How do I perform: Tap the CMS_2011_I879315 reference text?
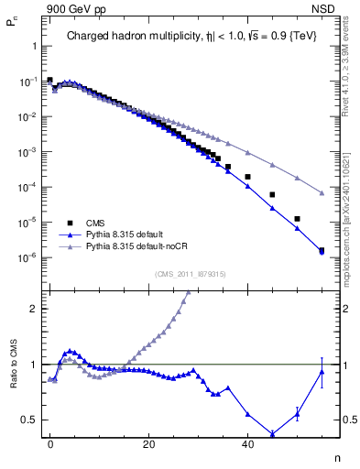click(x=191, y=274)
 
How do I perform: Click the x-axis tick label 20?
click(x=148, y=444)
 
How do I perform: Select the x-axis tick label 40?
click(x=247, y=444)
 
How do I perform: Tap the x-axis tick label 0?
click(x=49, y=444)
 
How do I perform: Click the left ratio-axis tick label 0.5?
click(x=30, y=420)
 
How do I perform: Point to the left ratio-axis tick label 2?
click(x=35, y=308)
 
